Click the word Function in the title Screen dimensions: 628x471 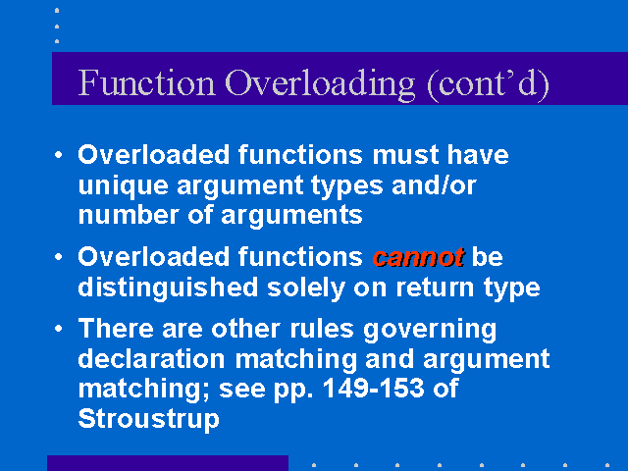coord(146,82)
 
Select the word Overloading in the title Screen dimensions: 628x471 coord(320,85)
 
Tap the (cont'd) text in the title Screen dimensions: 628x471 coord(489,85)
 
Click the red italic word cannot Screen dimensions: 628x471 coord(418,257)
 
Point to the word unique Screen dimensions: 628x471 coord(123,187)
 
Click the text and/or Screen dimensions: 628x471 coord(434,185)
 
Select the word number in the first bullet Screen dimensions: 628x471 coord(129,215)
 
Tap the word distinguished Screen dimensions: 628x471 coord(168,288)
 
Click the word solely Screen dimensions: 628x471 coord(306,288)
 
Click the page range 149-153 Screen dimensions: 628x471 coord(373,388)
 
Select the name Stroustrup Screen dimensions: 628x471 coord(148,419)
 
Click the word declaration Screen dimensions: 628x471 coord(151,358)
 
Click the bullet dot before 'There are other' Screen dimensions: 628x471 coord(59,329)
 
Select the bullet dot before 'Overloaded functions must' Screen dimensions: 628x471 coord(59,155)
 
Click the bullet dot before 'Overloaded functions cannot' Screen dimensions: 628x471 coord(59,257)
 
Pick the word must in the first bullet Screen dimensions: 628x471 coord(405,155)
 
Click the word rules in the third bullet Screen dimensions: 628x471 coord(322,329)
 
